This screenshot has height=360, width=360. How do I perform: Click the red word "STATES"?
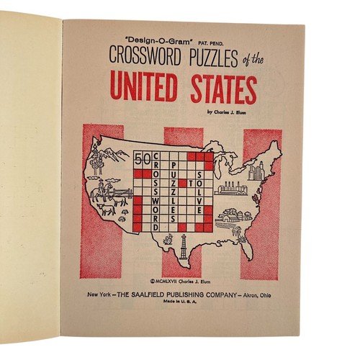click(x=222, y=91)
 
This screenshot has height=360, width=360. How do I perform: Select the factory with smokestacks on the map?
click(x=232, y=189)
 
